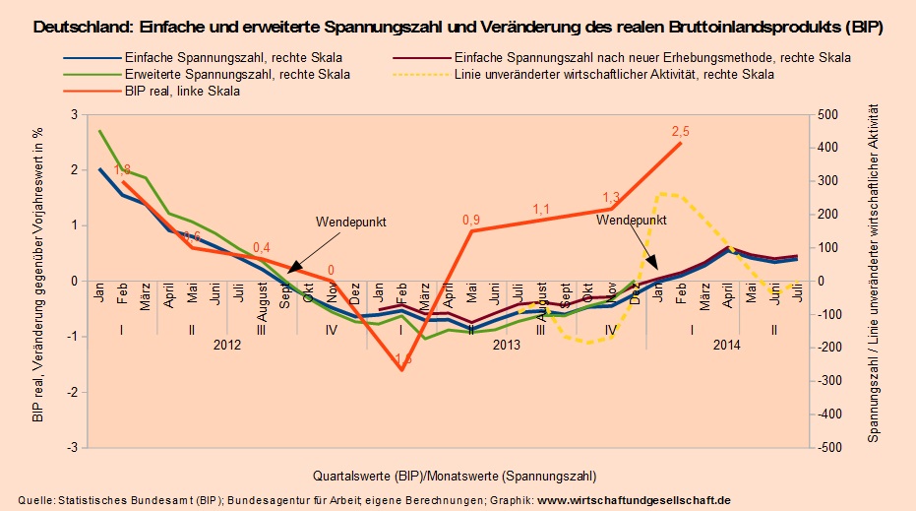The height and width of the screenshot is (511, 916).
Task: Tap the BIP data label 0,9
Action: click(x=471, y=220)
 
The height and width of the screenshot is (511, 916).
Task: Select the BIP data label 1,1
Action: click(x=542, y=209)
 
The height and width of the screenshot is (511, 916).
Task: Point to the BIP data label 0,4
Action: click(x=262, y=247)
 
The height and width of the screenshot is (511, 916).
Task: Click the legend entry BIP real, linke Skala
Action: click(x=183, y=91)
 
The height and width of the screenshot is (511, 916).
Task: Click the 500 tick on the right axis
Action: click(x=828, y=115)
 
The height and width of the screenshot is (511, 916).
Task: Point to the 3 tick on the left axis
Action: click(x=72, y=115)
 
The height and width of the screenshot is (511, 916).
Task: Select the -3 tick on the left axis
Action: click(x=69, y=447)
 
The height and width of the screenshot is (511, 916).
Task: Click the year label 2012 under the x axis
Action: click(x=226, y=345)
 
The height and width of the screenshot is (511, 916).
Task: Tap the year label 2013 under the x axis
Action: click(x=506, y=345)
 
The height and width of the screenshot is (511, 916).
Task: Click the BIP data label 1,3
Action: click(x=611, y=196)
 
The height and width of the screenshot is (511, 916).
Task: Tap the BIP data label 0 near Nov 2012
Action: click(x=331, y=269)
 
